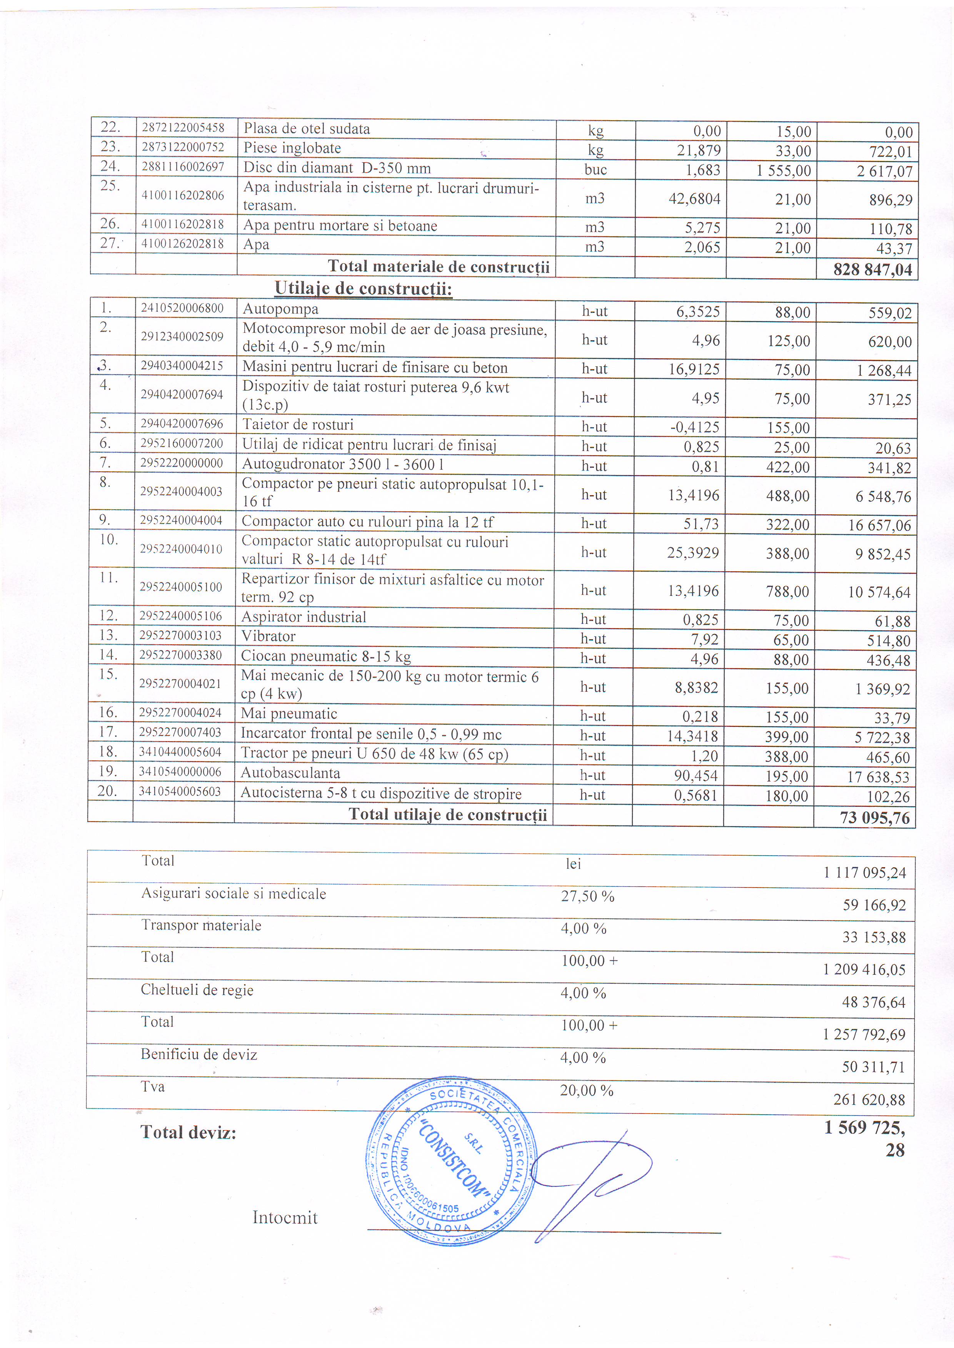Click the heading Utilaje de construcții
[363, 289]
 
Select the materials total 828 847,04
[872, 269]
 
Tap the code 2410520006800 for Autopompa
[182, 308]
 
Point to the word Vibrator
[269, 637]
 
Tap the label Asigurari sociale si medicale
[233, 894]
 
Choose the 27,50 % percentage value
[587, 896]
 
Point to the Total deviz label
[188, 1132]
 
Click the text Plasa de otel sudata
[307, 129]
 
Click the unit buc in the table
[595, 170]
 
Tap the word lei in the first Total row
[573, 864]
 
